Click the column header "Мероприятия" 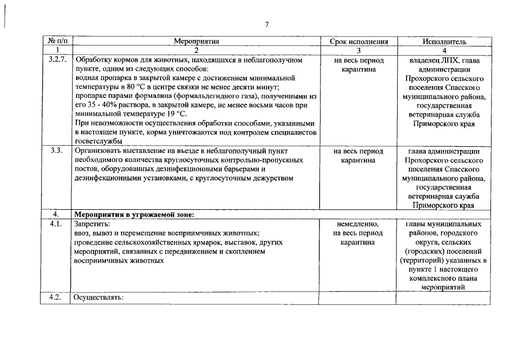[196, 42]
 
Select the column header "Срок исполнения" [358, 42]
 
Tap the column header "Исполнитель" [444, 42]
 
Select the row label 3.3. [56, 151]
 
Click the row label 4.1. [55, 224]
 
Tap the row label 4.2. [55, 297]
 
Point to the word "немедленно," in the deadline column [358, 224]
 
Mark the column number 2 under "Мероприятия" [196, 51]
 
